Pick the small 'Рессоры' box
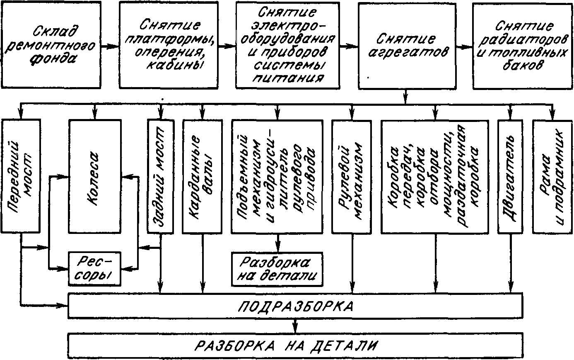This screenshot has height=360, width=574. point(95,269)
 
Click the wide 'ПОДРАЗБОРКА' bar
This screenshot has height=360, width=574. point(294,306)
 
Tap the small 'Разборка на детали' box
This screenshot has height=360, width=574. point(277,269)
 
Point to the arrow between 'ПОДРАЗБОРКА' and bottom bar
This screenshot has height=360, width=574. point(294,324)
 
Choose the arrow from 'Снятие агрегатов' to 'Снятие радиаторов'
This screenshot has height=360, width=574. point(463,46)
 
